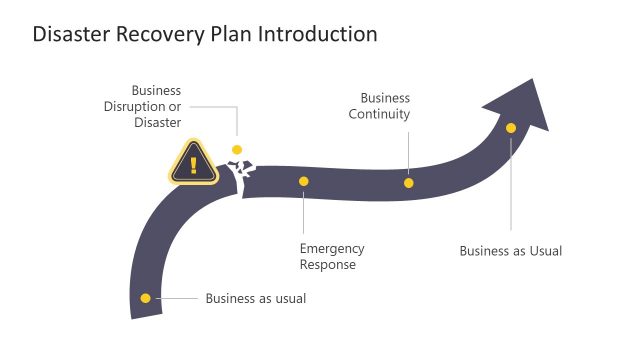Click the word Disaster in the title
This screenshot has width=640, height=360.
click(69, 34)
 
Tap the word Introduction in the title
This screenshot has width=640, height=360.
click(318, 34)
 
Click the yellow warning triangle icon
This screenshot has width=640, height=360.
click(193, 162)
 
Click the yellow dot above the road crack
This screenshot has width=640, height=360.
click(237, 150)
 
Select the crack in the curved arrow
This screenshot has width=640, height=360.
click(242, 176)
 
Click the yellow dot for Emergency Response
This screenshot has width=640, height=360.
click(304, 182)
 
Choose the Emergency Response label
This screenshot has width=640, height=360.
click(332, 256)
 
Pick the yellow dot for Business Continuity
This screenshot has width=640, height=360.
click(409, 183)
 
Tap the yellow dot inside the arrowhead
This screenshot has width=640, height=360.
click(511, 128)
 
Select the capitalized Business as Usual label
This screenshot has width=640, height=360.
click(510, 251)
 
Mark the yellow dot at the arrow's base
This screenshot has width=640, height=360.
click(146, 298)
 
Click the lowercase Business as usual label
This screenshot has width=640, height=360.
click(255, 298)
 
